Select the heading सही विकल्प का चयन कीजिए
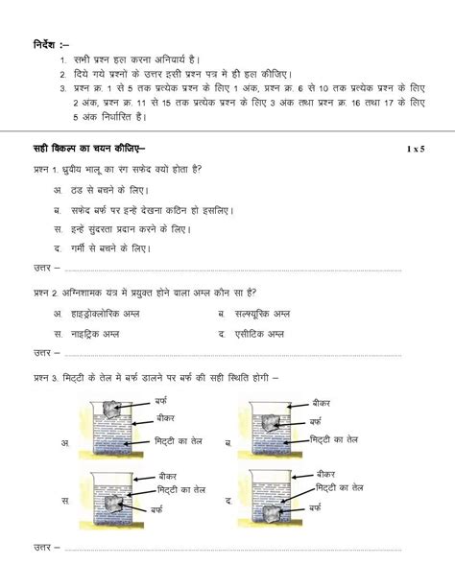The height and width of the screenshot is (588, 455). (88, 148)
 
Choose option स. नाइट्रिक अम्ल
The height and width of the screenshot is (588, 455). (96, 333)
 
